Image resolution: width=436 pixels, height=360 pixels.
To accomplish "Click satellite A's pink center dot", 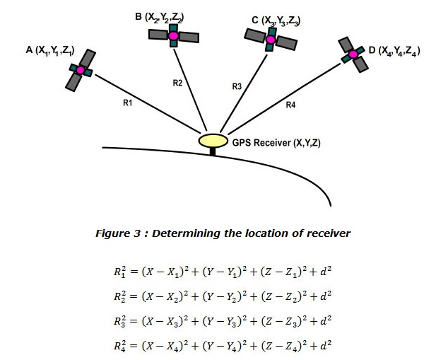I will click(81, 70).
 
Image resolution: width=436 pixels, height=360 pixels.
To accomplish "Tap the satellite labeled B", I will click(173, 35).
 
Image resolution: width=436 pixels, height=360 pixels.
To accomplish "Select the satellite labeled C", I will click(270, 40).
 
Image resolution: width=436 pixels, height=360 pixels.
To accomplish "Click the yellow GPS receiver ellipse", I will click(213, 141).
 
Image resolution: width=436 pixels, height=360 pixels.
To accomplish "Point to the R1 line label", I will click(128, 103).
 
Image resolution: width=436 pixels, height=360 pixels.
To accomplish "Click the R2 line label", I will click(178, 83).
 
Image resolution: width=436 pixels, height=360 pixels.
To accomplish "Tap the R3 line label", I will click(237, 86).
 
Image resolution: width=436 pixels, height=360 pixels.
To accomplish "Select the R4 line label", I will click(290, 105).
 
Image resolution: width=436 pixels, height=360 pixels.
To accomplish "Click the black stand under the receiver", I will click(213, 151).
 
